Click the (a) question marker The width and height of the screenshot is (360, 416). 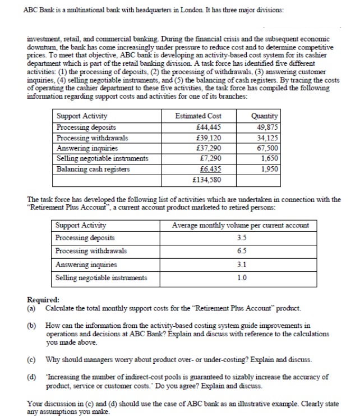click(x=31, y=309)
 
